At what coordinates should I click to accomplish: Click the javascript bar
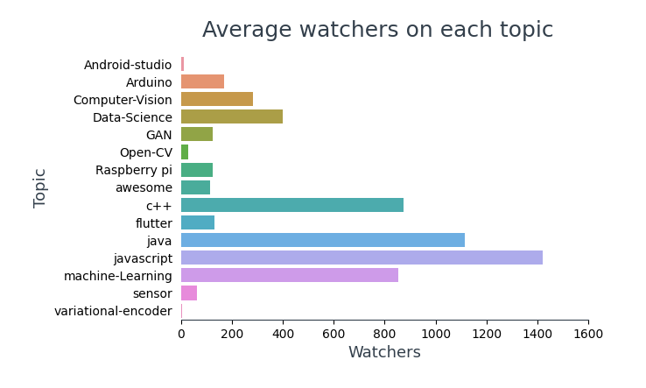click(362, 257)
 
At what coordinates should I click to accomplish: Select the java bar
click(322, 240)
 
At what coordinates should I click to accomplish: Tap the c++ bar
click(291, 205)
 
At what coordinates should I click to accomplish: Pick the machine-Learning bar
click(289, 275)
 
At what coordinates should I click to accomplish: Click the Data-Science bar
click(231, 116)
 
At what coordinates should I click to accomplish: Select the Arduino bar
click(202, 81)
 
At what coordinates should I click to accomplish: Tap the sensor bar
click(188, 293)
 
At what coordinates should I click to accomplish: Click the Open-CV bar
click(185, 152)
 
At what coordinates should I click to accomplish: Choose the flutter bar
click(197, 222)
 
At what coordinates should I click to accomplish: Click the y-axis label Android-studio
click(128, 65)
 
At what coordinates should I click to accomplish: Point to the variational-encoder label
click(113, 311)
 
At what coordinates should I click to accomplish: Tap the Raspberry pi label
click(134, 170)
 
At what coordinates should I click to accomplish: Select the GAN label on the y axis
click(158, 135)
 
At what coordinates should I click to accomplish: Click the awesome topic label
click(144, 187)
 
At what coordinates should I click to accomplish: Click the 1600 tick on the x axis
click(587, 334)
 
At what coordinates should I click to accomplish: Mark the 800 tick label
click(384, 334)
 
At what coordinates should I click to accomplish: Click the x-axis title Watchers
click(384, 352)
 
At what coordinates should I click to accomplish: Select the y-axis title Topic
click(40, 187)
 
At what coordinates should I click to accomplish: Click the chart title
click(377, 31)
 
